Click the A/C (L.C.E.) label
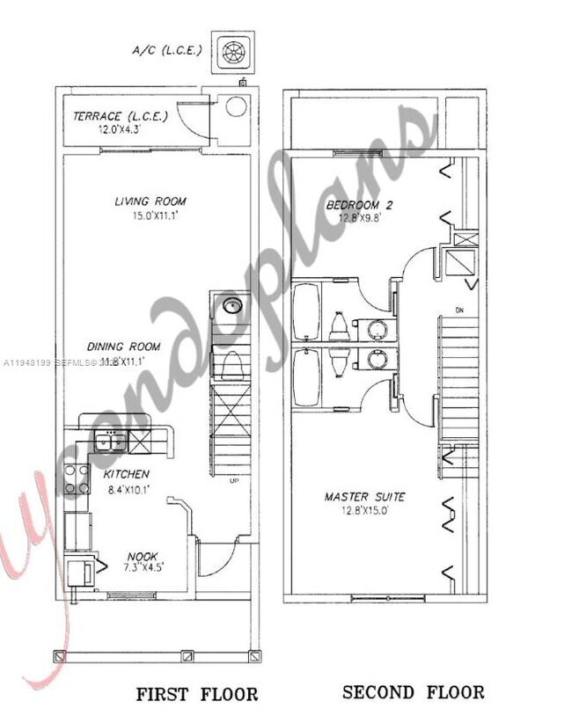167,49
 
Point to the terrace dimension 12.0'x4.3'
108,129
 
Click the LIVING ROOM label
150,201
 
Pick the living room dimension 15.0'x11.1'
150,215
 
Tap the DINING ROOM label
123,347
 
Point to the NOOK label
142,556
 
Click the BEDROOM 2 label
359,205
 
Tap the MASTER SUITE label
365,497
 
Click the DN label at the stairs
460,310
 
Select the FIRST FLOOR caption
197,695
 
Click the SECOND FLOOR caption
413,692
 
